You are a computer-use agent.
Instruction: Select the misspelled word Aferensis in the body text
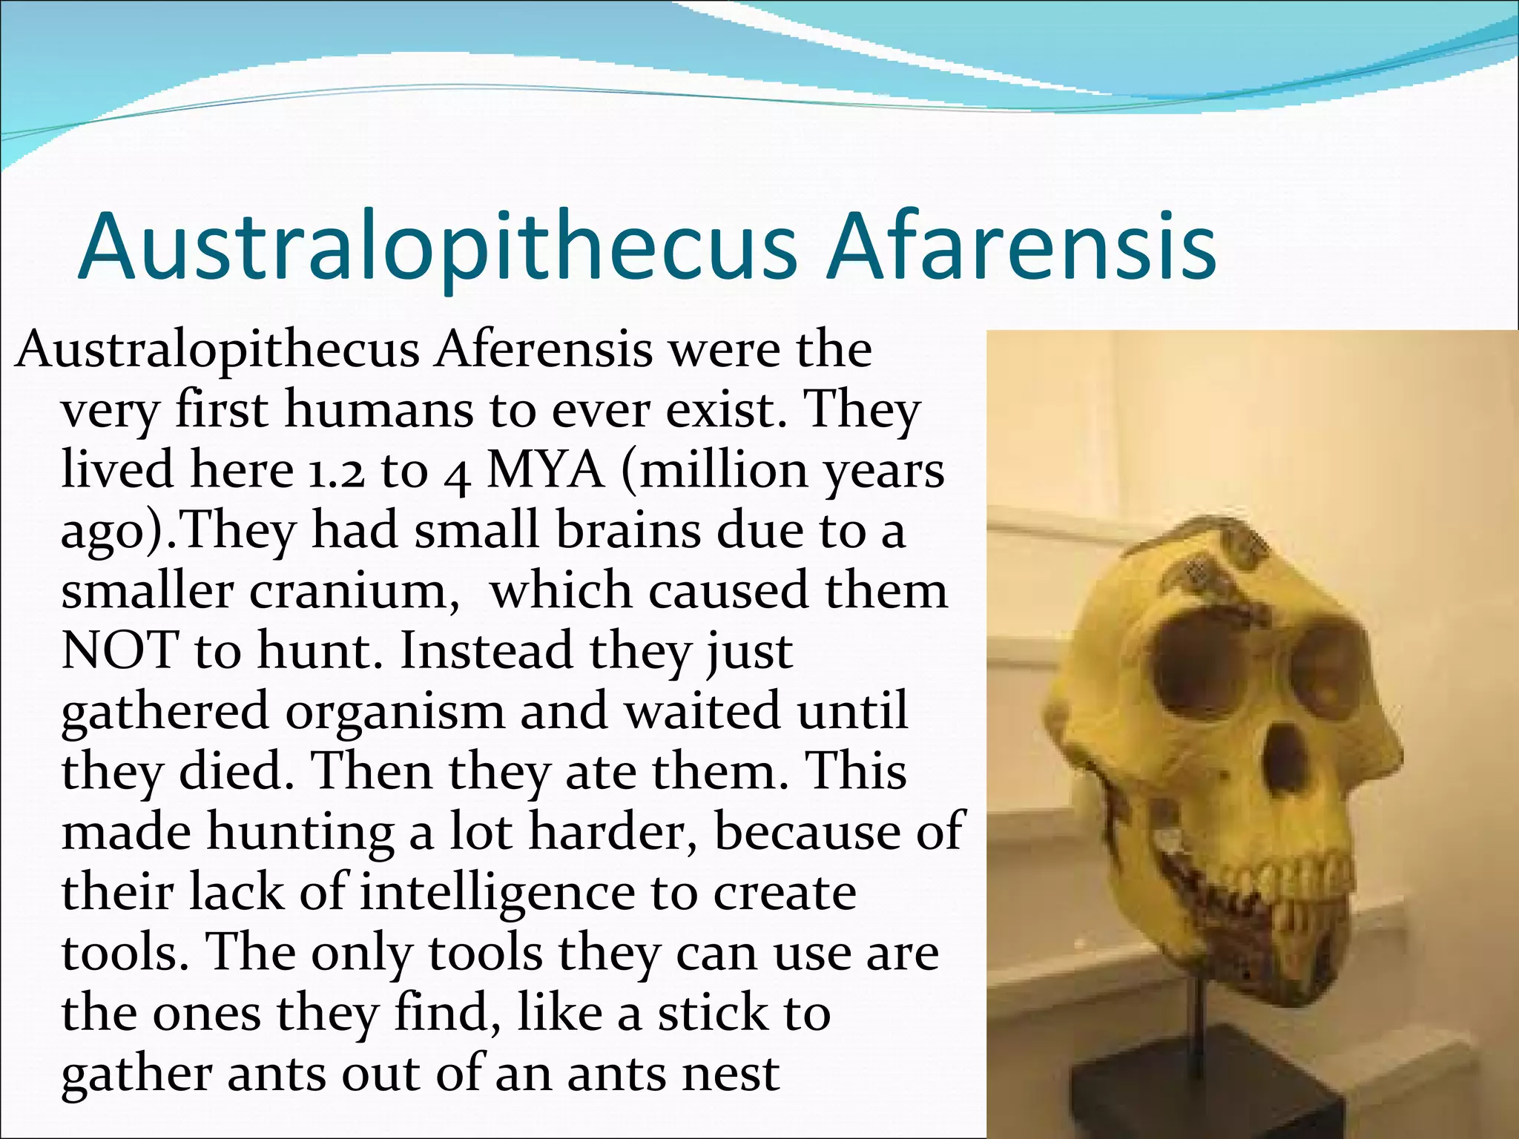544,349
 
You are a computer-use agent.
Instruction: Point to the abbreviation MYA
545,470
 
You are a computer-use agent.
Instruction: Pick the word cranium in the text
354,592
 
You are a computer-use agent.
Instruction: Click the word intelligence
498,892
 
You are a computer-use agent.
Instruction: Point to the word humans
378,410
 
